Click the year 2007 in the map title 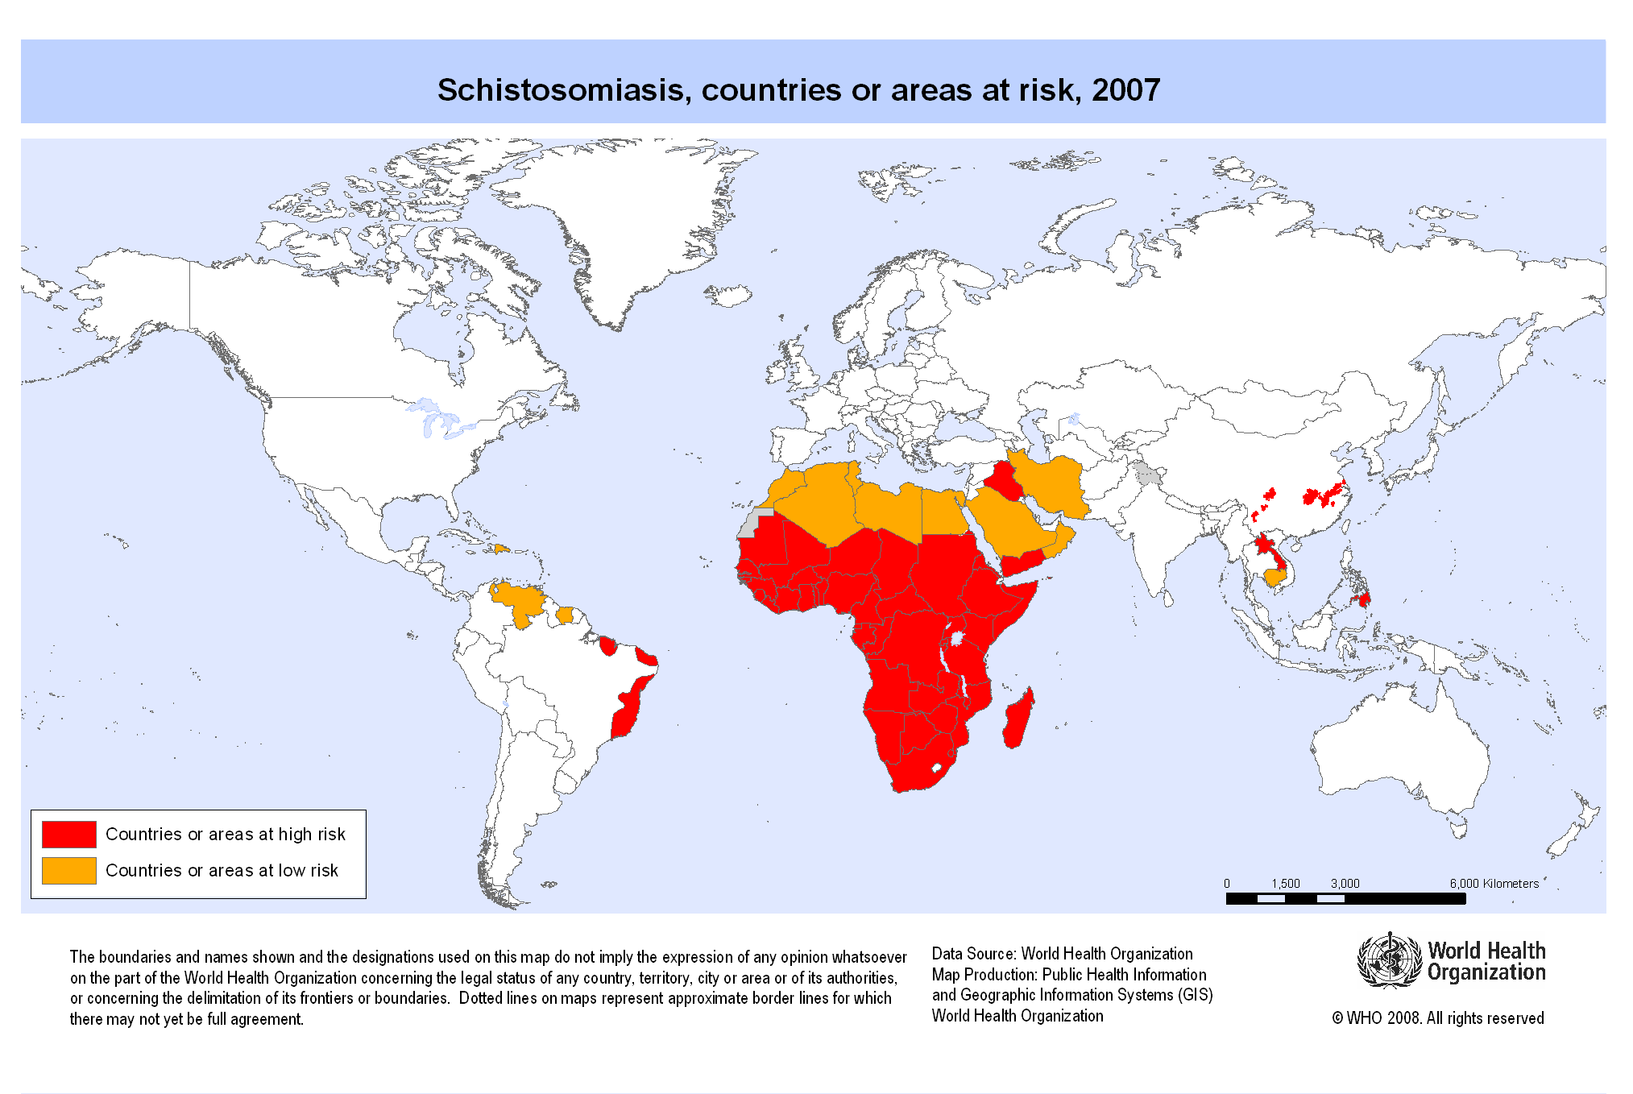(1125, 90)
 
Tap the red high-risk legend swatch (69, 834)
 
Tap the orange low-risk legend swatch (69, 870)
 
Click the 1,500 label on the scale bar (1286, 883)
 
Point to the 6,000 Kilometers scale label (1494, 883)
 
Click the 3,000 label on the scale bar (1345, 883)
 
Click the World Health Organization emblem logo (1389, 959)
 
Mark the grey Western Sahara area (750, 524)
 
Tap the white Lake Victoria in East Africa (958, 639)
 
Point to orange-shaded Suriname (566, 615)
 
